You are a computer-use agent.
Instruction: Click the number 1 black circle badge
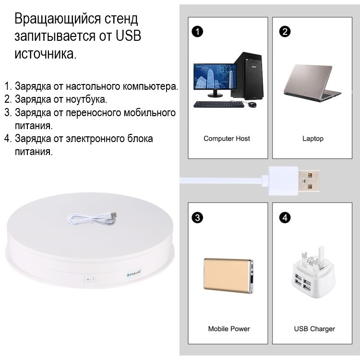(197, 32)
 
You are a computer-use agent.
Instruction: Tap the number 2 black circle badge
(285, 32)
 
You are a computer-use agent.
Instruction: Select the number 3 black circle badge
(197, 217)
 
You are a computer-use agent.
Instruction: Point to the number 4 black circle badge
(285, 217)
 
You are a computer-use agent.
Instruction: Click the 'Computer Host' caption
(227, 138)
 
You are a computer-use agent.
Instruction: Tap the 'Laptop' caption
(312, 139)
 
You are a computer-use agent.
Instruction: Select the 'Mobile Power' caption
(229, 329)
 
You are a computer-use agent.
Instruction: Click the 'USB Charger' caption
(314, 329)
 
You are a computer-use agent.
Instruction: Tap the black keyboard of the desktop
(218, 104)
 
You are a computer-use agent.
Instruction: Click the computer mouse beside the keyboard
(252, 105)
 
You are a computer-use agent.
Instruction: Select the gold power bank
(228, 276)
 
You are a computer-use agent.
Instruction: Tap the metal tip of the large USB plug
(309, 181)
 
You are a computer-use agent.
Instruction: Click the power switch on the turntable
(89, 279)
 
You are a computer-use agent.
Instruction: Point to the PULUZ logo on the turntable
(134, 273)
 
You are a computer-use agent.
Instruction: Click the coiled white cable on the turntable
(92, 219)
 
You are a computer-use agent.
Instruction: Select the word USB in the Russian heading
(128, 36)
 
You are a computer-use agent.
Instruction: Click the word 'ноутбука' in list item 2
(86, 99)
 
